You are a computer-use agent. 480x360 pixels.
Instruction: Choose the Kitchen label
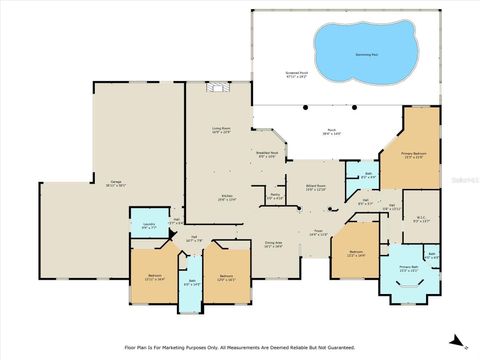coord(227,197)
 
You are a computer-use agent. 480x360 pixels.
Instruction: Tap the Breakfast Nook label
coord(267,154)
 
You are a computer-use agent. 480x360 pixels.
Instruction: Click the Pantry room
coord(276,197)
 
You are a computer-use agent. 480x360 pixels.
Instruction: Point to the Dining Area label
coord(273,243)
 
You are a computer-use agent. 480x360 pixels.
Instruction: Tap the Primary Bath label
coord(408,268)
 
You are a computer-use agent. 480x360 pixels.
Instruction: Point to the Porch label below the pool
coord(330,129)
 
